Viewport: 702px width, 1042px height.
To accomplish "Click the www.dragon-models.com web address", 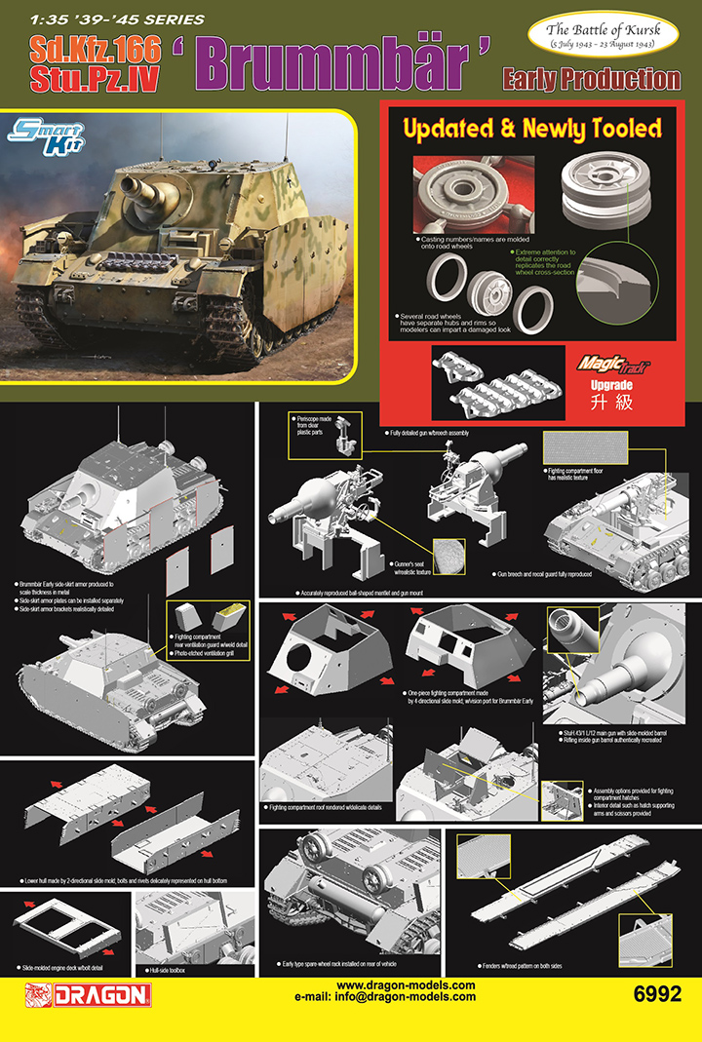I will coord(406,985).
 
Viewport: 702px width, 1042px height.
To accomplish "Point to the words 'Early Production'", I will coord(591,78).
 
